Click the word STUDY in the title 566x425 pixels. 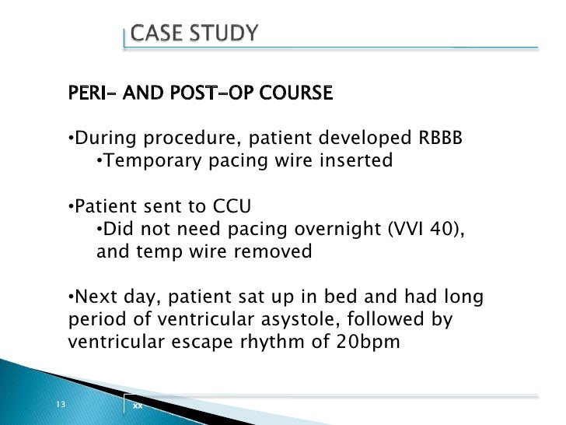point(223,33)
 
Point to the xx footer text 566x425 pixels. point(137,406)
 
